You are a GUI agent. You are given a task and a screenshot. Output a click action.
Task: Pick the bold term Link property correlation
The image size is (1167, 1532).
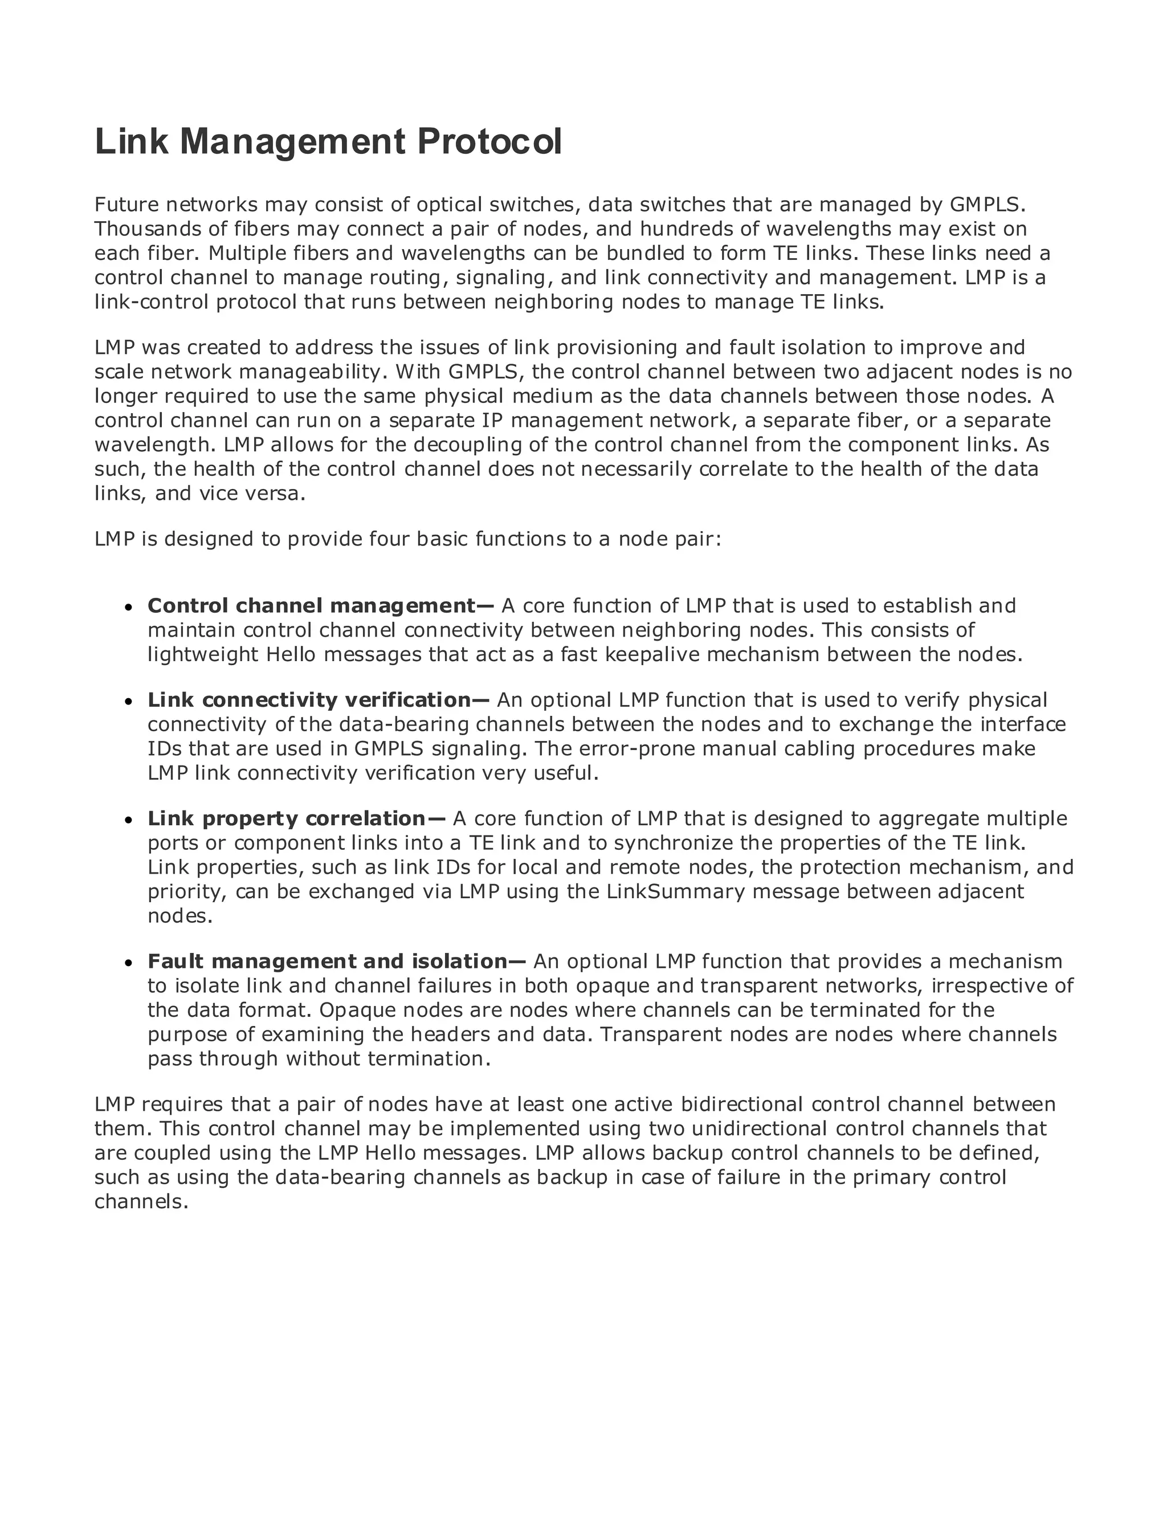tap(286, 818)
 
